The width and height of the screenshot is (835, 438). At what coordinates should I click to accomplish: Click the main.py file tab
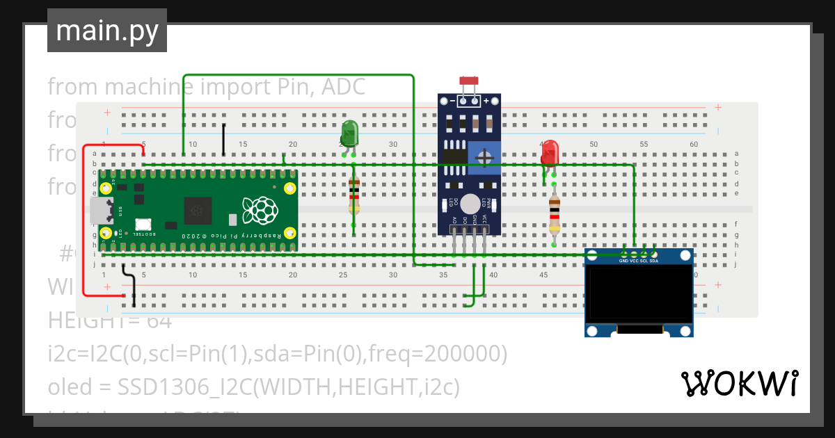pyautogui.click(x=107, y=31)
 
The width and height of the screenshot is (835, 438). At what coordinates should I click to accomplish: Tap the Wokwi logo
pyautogui.click(x=739, y=383)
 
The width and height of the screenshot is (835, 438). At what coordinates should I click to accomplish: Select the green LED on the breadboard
pyautogui.click(x=349, y=133)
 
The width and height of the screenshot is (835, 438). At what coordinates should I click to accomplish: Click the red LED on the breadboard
pyautogui.click(x=550, y=152)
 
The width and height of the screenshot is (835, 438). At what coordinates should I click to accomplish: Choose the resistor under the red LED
pyautogui.click(x=554, y=214)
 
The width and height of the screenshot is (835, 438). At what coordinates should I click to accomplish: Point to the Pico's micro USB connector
pyautogui.click(x=97, y=210)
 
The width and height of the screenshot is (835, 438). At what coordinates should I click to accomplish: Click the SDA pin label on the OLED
pyautogui.click(x=654, y=261)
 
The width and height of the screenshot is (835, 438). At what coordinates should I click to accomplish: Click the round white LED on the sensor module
pyautogui.click(x=470, y=203)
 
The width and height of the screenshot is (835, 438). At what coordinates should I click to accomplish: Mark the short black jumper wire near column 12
pyautogui.click(x=223, y=139)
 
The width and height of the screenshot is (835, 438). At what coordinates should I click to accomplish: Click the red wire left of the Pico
pyautogui.click(x=83, y=222)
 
